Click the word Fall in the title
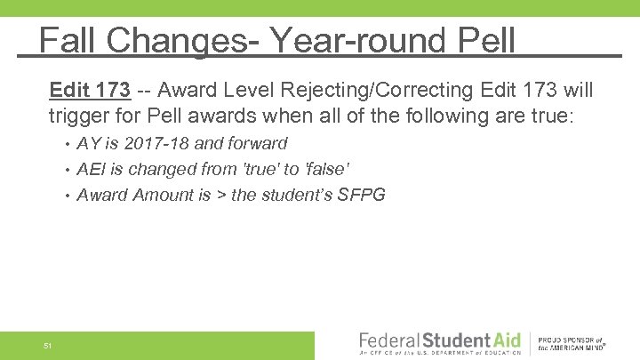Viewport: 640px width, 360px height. click(x=68, y=40)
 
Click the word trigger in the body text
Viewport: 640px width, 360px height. click(x=77, y=116)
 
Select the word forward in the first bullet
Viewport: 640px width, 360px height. click(x=256, y=143)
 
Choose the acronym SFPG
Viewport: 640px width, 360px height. click(x=363, y=195)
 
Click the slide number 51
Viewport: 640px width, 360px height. click(x=48, y=345)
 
